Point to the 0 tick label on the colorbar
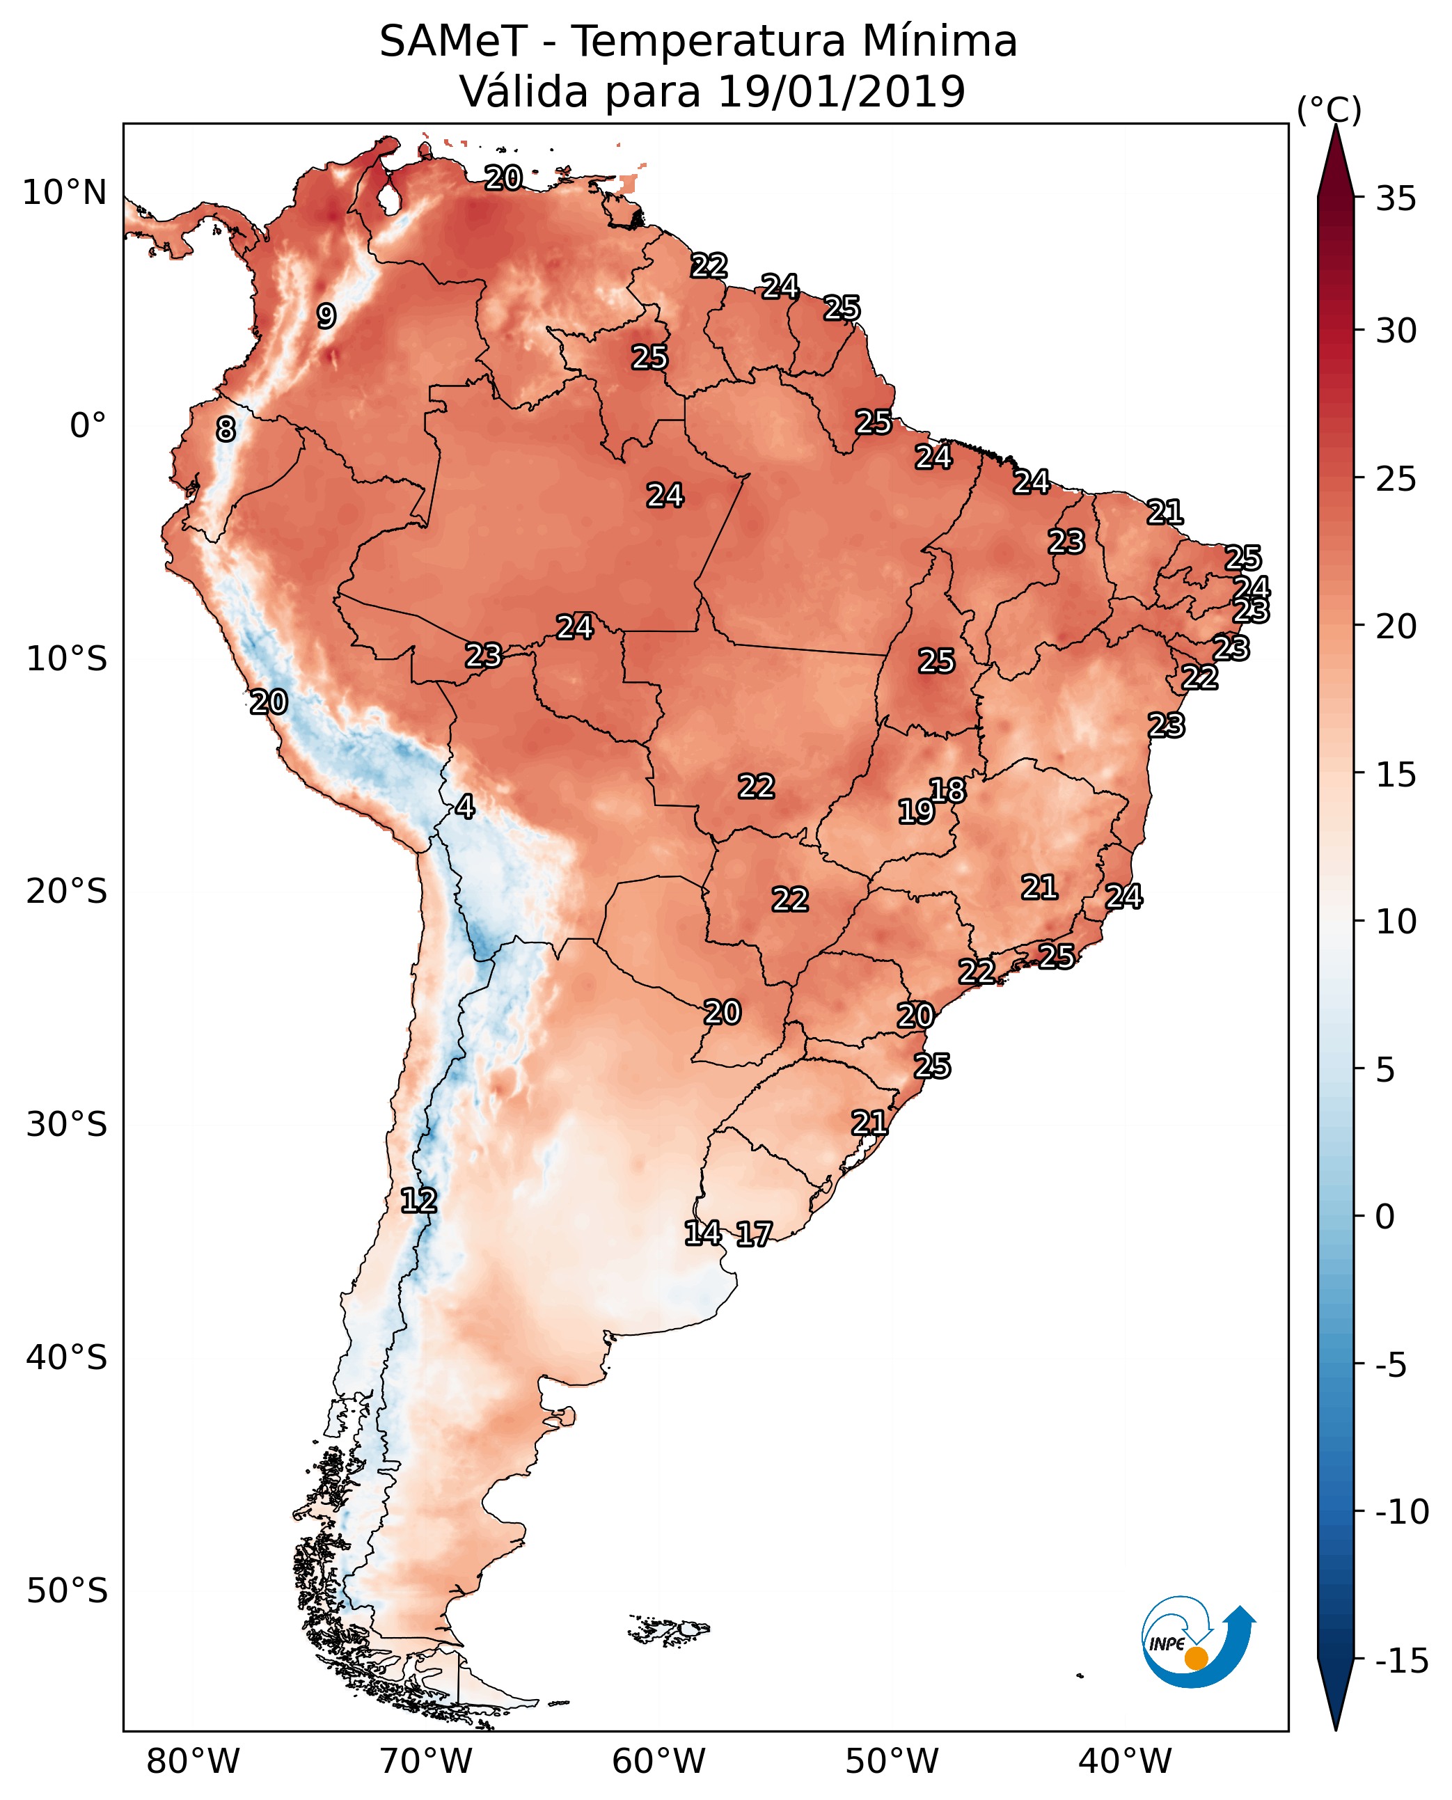point(1385,1217)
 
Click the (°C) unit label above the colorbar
point(1329,109)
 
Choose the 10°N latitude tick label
point(65,194)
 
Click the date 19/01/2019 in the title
point(842,91)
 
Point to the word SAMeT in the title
point(453,42)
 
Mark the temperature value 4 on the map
point(465,807)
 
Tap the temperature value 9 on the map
point(326,316)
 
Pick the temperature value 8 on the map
point(226,429)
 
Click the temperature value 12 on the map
point(418,1201)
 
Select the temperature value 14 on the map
point(702,1233)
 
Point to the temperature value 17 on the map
point(755,1235)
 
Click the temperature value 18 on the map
point(947,791)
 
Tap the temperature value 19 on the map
point(916,812)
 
